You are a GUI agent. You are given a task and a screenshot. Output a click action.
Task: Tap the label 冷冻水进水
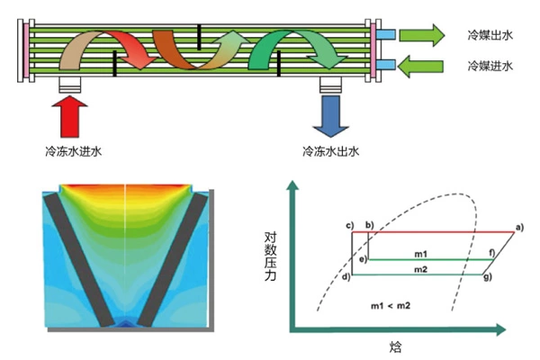[73, 151]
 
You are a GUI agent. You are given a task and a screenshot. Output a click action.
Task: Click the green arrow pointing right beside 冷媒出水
[421, 35]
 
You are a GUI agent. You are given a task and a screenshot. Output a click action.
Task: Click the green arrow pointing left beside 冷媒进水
[421, 66]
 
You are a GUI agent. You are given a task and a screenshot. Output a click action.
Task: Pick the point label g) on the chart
[487, 276]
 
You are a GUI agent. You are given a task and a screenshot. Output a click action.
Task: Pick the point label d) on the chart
[346, 276]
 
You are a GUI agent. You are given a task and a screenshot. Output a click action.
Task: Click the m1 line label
[420, 254]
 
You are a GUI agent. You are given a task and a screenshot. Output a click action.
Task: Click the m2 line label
[420, 269]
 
